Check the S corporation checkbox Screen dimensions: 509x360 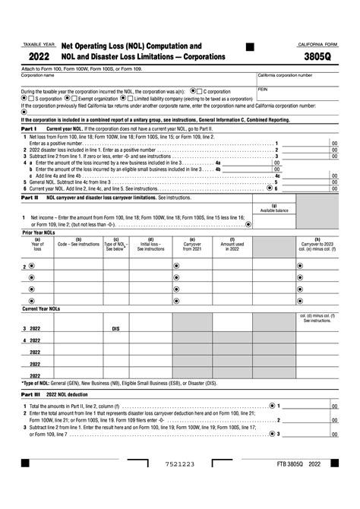(32, 98)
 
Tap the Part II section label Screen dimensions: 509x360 (30, 197)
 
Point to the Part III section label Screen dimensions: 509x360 (30, 394)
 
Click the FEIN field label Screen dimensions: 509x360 (264, 89)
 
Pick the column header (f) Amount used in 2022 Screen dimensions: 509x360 (232, 245)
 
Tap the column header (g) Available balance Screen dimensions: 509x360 (274, 208)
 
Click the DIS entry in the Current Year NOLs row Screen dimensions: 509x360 (115, 329)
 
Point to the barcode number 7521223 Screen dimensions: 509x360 (180, 484)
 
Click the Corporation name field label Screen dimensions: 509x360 (37, 75)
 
